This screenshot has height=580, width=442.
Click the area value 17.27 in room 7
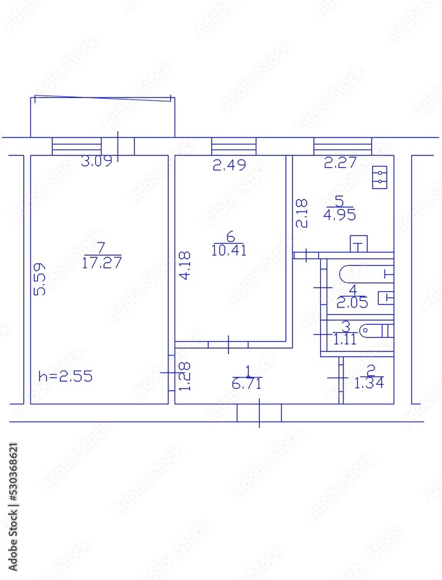click(x=102, y=263)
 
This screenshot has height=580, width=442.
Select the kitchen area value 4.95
click(x=339, y=215)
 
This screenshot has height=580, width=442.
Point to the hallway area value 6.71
click(x=247, y=383)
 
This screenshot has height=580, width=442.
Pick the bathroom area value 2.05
click(x=351, y=302)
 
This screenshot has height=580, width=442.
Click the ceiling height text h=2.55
click(x=65, y=376)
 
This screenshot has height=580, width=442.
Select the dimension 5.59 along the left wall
click(x=39, y=280)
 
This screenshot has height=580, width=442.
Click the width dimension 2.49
click(x=229, y=165)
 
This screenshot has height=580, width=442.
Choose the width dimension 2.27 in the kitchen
click(x=340, y=163)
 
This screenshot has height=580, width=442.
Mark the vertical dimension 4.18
click(x=184, y=266)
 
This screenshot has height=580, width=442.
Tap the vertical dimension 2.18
click(x=302, y=213)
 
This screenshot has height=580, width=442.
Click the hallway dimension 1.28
click(x=184, y=376)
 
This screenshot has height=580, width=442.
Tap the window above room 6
click(x=233, y=146)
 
